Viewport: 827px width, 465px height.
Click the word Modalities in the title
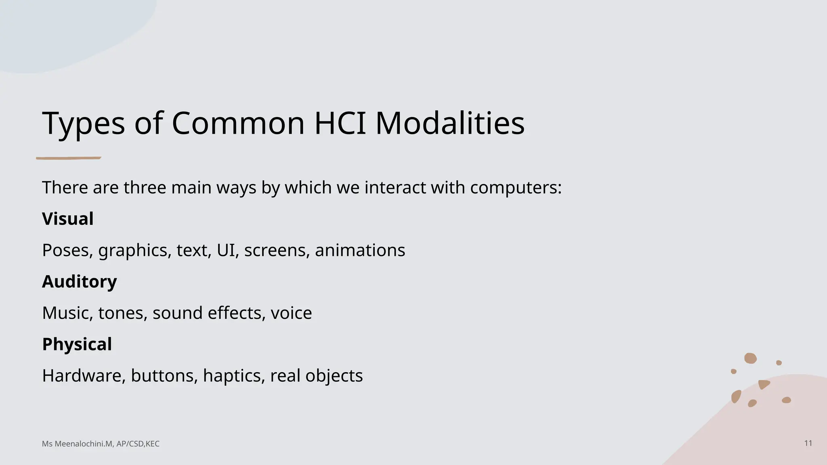[x=450, y=123]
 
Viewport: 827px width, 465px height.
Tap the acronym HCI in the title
[x=340, y=123]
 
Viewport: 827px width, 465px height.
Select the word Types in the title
[x=83, y=124]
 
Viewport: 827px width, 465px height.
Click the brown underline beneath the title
[x=69, y=158]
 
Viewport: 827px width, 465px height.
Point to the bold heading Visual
[x=68, y=219]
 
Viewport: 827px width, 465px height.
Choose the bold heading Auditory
[x=80, y=282]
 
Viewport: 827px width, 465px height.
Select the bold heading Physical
[x=77, y=344]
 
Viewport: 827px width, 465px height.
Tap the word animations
[x=360, y=250]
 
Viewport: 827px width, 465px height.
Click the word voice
[x=291, y=313]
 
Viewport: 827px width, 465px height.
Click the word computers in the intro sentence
[x=515, y=188]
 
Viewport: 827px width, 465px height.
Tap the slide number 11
[x=808, y=443]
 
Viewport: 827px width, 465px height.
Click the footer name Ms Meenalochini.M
[x=77, y=444]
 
